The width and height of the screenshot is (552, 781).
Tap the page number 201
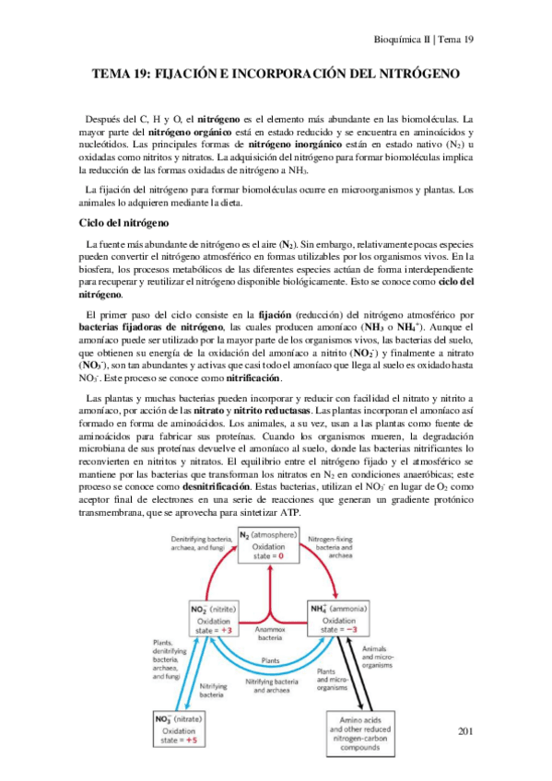point(464,731)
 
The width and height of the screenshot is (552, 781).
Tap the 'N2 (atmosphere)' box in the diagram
point(270,547)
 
